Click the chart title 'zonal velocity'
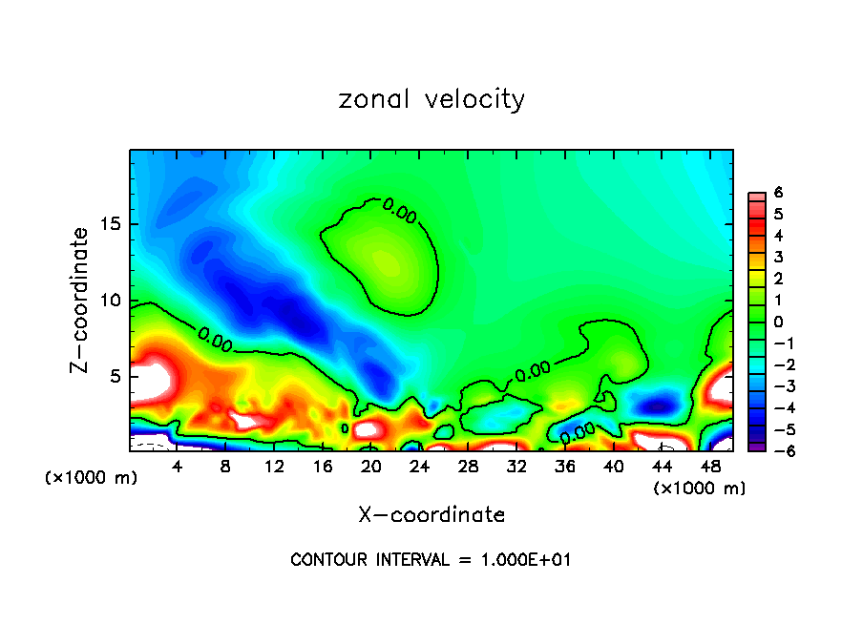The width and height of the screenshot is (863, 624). (x=431, y=99)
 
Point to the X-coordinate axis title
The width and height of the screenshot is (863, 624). (x=431, y=514)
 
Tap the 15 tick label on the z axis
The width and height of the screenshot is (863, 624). (x=110, y=225)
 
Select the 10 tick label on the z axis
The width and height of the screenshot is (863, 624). (x=110, y=301)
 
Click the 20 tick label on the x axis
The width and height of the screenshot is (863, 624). (x=371, y=467)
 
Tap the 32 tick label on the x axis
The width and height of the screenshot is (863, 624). (x=516, y=467)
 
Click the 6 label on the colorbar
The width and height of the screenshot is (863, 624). (x=778, y=193)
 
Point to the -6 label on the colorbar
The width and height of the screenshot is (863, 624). (x=775, y=451)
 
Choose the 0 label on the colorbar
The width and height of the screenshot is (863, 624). (x=778, y=322)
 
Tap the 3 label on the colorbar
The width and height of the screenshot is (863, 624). (x=778, y=257)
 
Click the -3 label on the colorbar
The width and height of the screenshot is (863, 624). (x=775, y=386)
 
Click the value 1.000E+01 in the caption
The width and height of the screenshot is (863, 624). (x=523, y=560)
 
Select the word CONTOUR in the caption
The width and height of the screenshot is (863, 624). (x=326, y=560)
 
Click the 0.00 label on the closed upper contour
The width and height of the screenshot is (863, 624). (x=400, y=210)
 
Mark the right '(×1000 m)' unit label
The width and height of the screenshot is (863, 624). (x=699, y=489)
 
